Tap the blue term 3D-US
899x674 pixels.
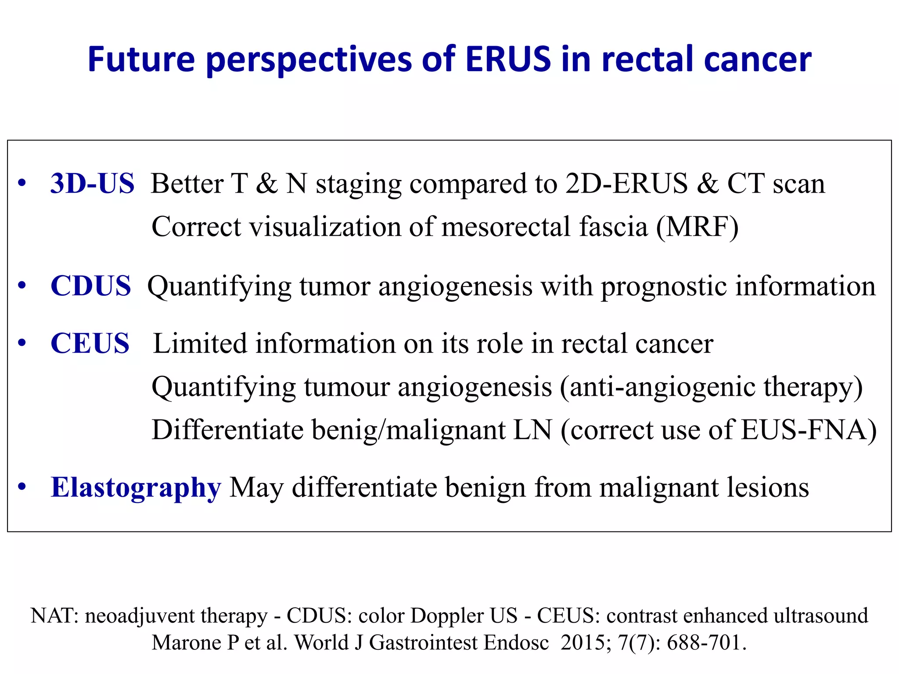point(92,183)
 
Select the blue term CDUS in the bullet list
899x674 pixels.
point(91,286)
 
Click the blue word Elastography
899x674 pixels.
point(136,488)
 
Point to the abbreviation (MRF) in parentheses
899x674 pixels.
point(698,227)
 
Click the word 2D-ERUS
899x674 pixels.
point(626,183)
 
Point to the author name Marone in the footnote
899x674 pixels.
point(186,642)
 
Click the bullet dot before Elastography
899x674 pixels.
point(22,488)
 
